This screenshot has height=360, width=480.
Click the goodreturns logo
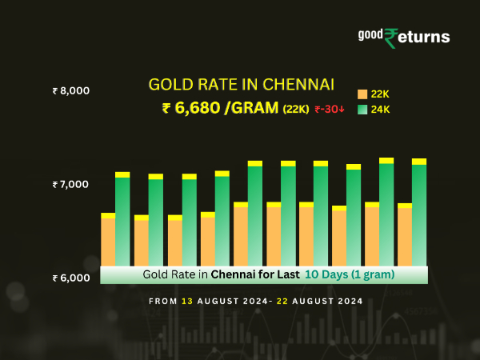tap(404, 37)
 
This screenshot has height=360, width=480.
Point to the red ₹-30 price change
tap(329, 110)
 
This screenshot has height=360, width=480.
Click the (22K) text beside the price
tap(295, 110)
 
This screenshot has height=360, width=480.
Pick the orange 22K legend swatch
tap(362, 94)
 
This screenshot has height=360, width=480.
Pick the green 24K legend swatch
tap(362, 110)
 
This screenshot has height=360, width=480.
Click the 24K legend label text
tap(380, 110)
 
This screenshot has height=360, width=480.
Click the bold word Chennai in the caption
tap(235, 274)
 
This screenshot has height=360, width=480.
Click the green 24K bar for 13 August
tap(122, 219)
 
